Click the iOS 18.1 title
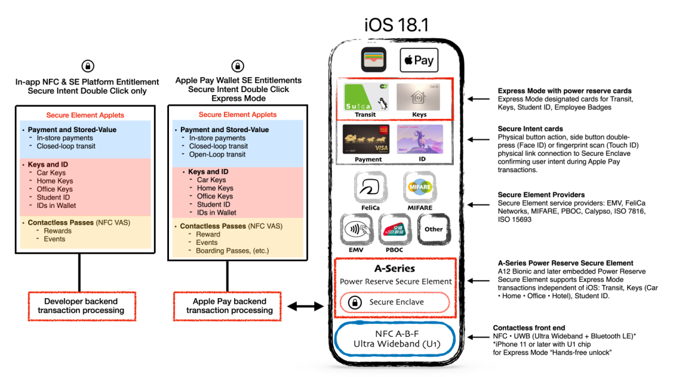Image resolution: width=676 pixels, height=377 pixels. coord(396,24)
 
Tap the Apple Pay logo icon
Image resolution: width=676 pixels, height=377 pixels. coord(419,61)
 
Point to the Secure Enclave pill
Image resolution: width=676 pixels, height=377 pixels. coord(395,302)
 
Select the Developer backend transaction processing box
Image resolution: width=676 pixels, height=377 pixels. coord(81,306)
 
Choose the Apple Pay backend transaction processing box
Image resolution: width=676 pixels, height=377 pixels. coord(229,306)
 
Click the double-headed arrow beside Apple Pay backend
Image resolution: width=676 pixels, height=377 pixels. coord(305,306)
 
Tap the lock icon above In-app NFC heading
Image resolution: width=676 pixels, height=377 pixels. coord(88,66)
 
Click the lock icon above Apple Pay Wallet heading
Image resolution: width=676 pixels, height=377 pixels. coord(238,66)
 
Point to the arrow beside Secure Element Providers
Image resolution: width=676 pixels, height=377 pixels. coord(479,205)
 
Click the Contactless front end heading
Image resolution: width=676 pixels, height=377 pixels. coord(528,328)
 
